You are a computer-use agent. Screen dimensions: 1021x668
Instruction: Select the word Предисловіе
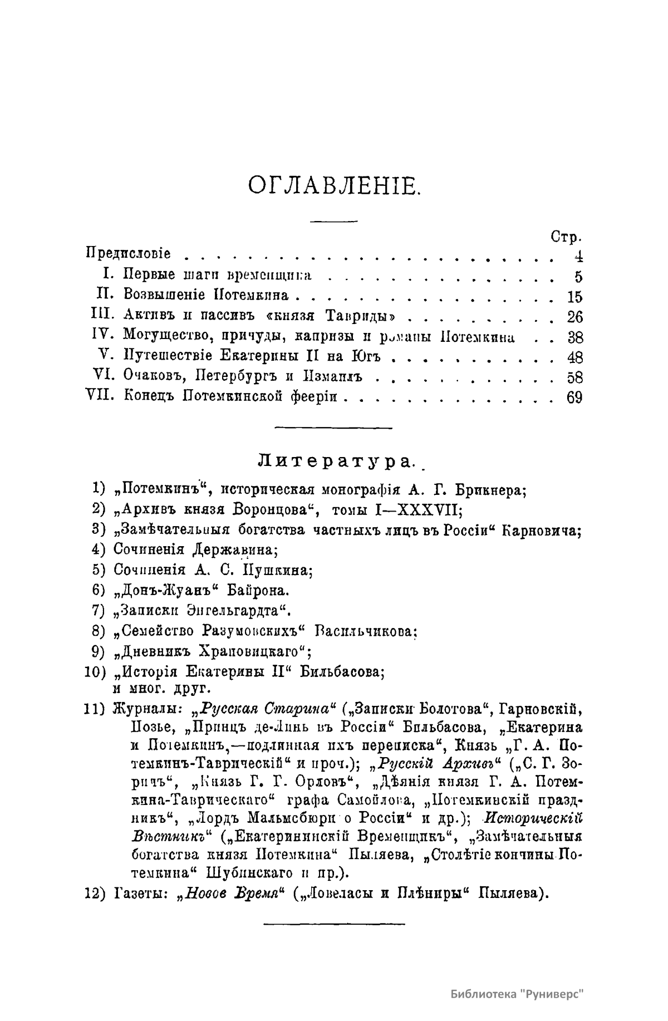click(x=129, y=254)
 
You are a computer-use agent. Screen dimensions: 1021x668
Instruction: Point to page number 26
click(x=574, y=317)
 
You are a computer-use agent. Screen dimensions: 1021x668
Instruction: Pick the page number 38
click(x=574, y=337)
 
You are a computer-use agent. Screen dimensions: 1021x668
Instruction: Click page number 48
click(x=574, y=357)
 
